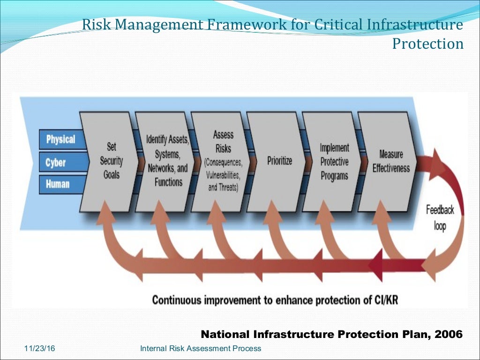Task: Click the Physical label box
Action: click(x=60, y=139)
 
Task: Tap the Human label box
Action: click(x=57, y=184)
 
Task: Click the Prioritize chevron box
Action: click(x=279, y=161)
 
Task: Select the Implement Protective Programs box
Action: click(x=334, y=162)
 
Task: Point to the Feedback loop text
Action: click(x=440, y=217)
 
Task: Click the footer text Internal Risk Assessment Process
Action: click(x=201, y=348)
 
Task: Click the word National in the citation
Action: click(x=225, y=334)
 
